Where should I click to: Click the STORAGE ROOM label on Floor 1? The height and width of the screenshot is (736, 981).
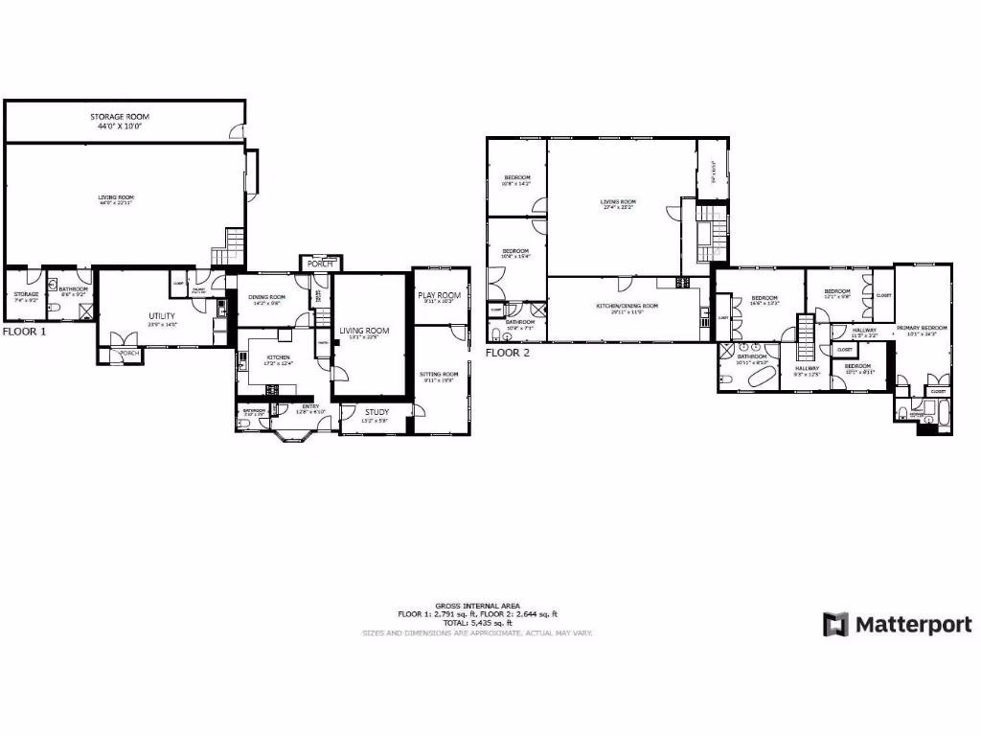click(120, 116)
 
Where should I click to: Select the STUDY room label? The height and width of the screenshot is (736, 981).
click(376, 412)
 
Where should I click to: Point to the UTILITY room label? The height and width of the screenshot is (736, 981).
click(161, 315)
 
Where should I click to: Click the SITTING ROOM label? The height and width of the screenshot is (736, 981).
click(441, 374)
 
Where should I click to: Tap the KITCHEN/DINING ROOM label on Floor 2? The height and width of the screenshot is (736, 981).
click(623, 306)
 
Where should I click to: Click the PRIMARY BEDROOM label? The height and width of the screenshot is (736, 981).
click(922, 328)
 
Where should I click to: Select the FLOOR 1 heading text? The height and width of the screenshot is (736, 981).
click(24, 332)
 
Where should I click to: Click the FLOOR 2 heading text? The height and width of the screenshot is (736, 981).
click(508, 352)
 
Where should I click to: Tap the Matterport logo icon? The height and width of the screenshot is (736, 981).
click(835, 625)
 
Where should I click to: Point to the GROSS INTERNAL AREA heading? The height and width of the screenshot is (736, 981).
click(477, 606)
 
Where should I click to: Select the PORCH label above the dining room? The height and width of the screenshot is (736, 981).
click(319, 263)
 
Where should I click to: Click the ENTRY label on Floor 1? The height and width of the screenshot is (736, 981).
click(310, 406)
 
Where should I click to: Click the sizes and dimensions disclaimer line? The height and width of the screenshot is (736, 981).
click(477, 633)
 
